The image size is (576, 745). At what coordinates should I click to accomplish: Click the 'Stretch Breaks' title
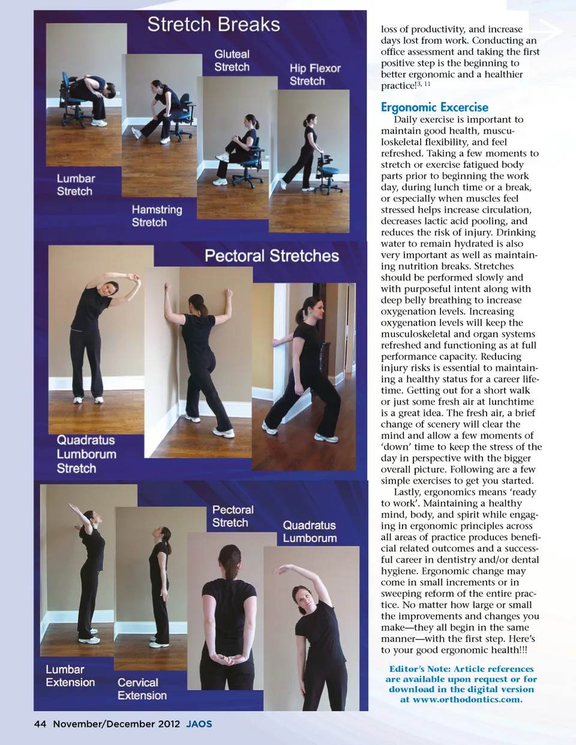[x=214, y=25]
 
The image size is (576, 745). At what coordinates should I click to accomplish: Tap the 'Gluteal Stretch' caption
[x=232, y=61]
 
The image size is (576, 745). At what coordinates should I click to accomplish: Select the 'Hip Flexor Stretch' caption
[x=315, y=74]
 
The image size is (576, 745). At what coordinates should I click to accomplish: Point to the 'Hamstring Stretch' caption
[x=157, y=216]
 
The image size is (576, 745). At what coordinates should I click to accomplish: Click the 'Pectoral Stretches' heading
[x=272, y=256]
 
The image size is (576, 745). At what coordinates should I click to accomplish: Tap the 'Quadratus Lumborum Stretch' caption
[x=86, y=454]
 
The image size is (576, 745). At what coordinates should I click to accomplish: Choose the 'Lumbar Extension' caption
[x=70, y=675]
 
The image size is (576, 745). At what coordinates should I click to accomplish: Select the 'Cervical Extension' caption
[x=142, y=689]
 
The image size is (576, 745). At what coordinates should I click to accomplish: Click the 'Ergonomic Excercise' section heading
[x=434, y=107]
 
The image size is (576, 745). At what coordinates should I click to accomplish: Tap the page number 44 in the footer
[x=40, y=724]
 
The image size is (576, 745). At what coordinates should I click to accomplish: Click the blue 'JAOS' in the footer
[x=199, y=724]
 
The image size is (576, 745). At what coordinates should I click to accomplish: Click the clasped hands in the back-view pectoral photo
[x=228, y=659]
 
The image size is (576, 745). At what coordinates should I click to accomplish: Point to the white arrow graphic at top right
[x=550, y=31]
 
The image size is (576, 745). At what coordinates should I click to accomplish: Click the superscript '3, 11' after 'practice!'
[x=423, y=83]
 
